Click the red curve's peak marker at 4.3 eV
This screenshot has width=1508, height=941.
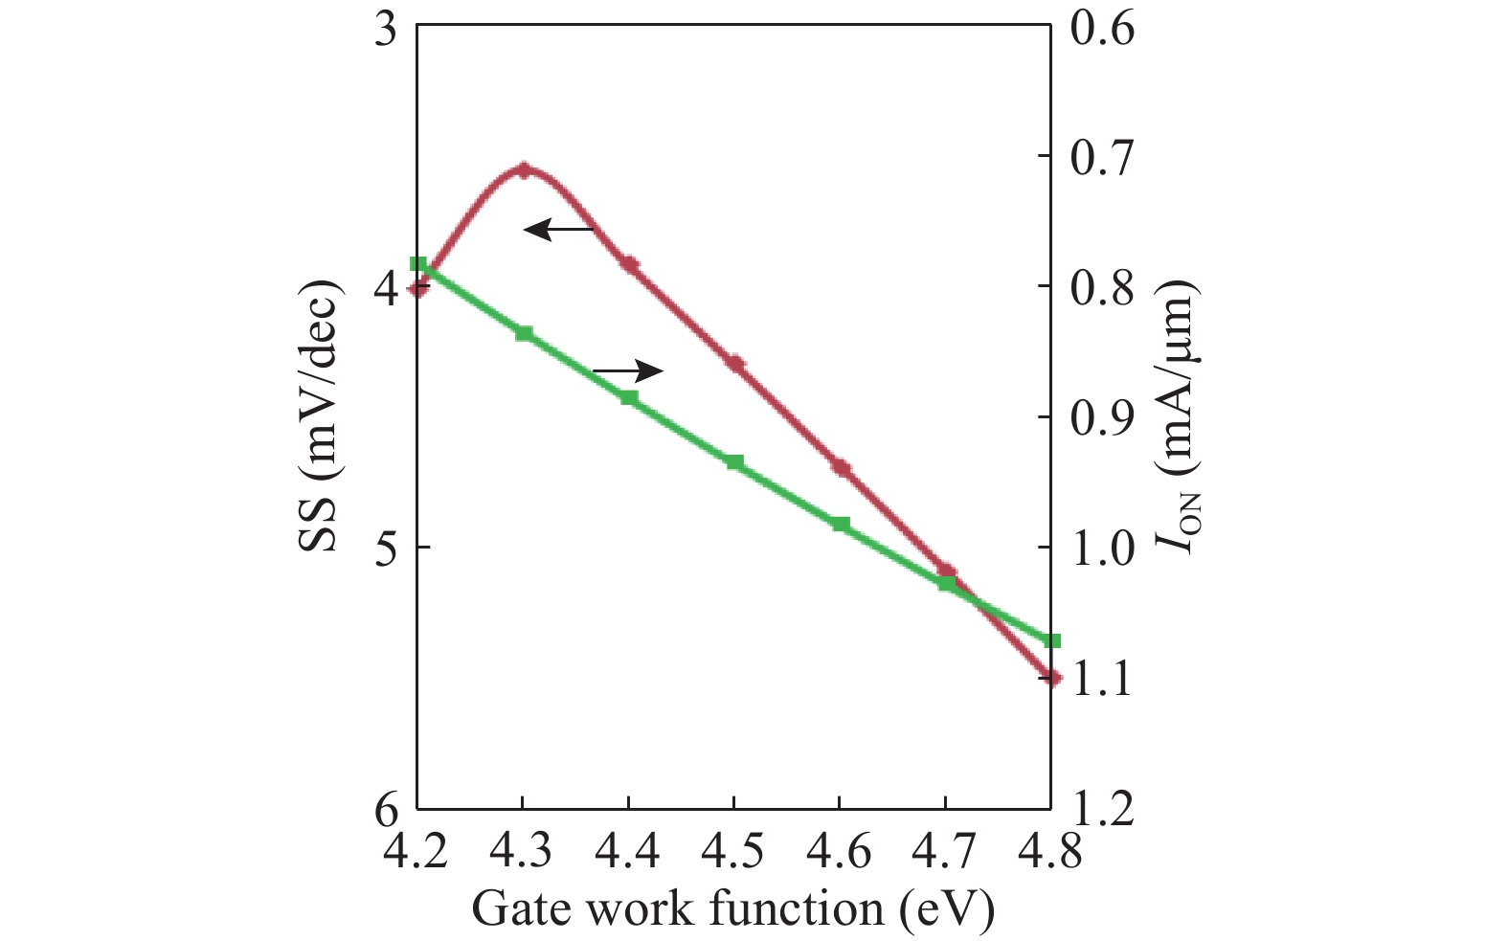tap(523, 170)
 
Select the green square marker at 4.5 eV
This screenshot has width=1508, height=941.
tap(734, 462)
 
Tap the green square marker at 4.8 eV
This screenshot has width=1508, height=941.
tap(1052, 640)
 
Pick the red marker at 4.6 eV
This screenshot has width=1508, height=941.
tap(841, 467)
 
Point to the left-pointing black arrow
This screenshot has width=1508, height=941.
tap(559, 229)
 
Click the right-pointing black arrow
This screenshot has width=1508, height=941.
tap(628, 370)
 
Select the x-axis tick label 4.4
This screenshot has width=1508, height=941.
tap(628, 850)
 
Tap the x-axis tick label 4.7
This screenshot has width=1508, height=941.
tap(945, 850)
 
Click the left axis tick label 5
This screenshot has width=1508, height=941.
tap(386, 548)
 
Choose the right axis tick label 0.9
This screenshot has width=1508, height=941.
tap(1102, 417)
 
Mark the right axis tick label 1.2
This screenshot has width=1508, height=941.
tap(1102, 810)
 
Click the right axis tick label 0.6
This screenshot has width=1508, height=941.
tap(1102, 28)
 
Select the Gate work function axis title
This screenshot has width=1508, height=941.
tap(733, 907)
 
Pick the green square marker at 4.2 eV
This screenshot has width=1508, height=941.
tap(418, 264)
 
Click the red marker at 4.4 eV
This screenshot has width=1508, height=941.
tap(629, 264)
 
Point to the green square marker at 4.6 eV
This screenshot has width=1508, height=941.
tap(841, 525)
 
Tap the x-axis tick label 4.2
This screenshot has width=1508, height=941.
tap(416, 850)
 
